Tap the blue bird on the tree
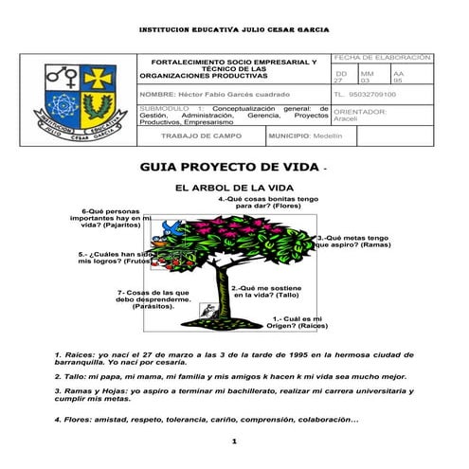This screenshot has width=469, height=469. pos(171,227)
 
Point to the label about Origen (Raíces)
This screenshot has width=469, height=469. pos(299,323)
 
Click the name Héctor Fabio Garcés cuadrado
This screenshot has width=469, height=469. pos(213,96)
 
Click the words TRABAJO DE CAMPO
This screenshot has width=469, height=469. pos(201,136)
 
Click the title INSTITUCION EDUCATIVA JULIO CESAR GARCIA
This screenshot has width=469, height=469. pos(234,29)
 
